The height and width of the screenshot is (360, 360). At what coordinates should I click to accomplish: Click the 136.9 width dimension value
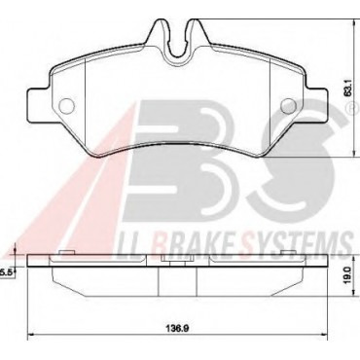(177, 328)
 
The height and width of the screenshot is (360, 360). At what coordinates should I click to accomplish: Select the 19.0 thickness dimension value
(348, 276)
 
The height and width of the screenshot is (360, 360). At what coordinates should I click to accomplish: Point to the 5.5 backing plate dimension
(6, 273)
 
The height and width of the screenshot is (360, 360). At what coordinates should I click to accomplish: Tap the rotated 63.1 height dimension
(347, 90)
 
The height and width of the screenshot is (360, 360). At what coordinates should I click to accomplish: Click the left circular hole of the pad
(67, 106)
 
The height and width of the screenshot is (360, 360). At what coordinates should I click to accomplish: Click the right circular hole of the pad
(288, 106)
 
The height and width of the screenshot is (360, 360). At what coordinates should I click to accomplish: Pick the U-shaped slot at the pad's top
(177, 41)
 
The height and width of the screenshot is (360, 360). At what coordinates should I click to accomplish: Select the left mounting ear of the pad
(38, 106)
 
